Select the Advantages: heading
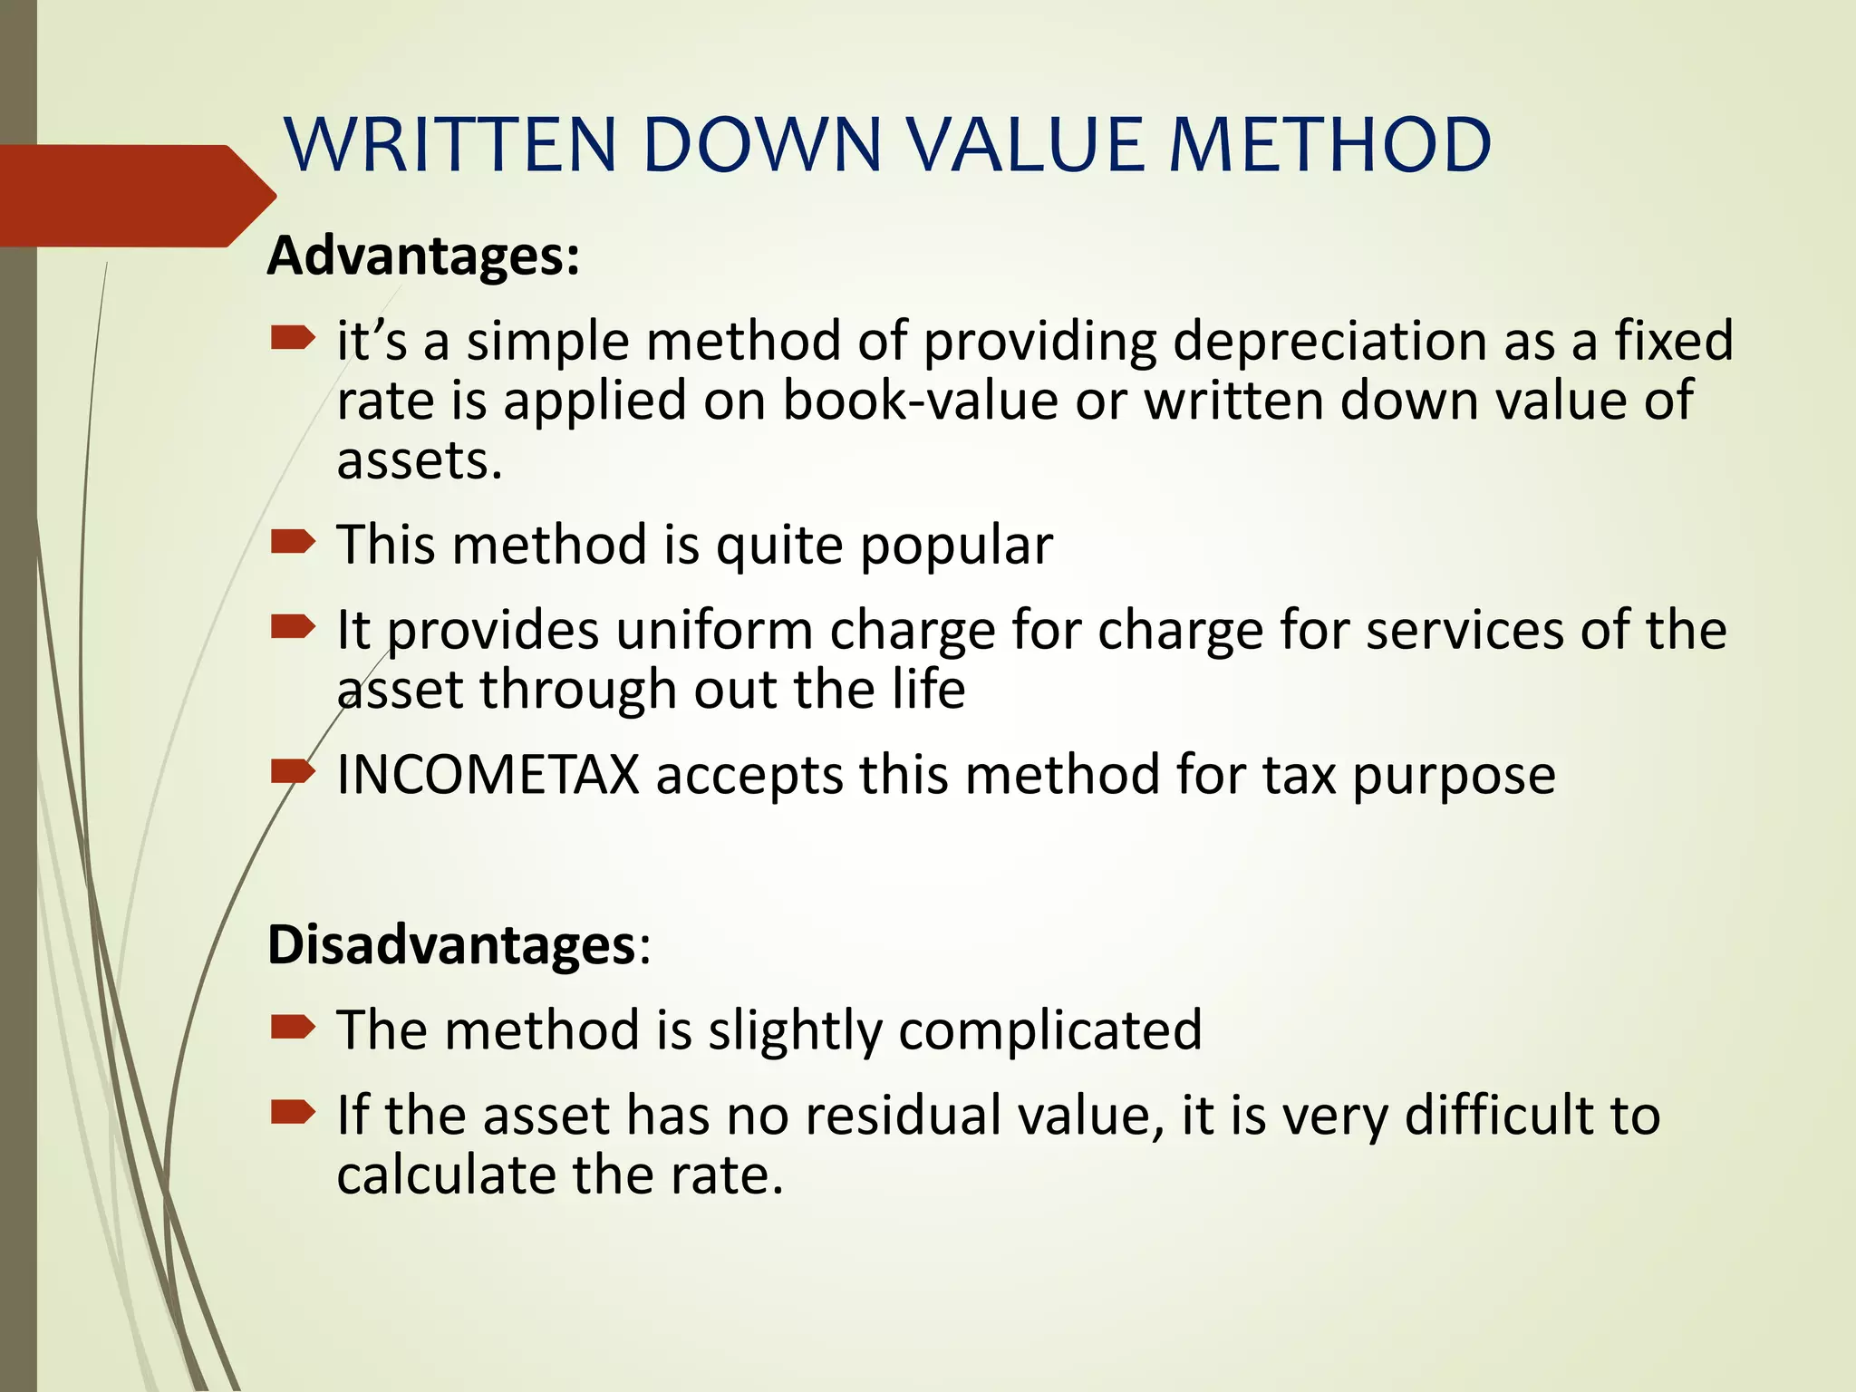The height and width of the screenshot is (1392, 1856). [423, 256]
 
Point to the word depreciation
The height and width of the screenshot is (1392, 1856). [1329, 342]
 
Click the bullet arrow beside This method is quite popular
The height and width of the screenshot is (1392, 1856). [293, 544]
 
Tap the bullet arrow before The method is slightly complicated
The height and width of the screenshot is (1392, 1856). [293, 1028]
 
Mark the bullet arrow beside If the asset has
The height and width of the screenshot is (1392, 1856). [293, 1112]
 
